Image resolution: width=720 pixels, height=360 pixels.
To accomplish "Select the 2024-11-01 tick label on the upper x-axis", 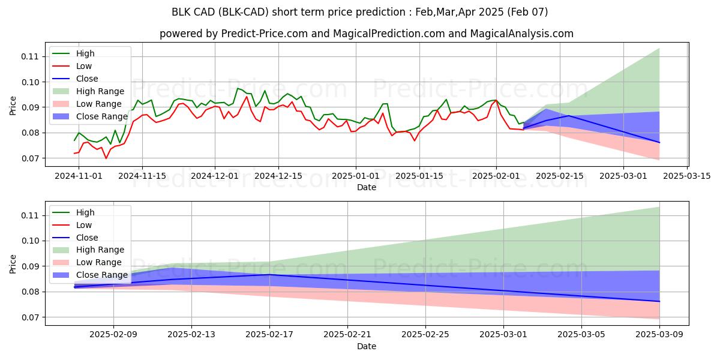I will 79,176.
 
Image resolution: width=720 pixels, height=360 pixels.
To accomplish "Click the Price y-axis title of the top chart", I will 13,105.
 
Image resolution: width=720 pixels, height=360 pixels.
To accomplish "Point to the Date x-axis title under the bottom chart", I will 367,346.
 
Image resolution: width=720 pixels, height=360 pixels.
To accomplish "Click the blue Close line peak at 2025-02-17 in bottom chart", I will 269,274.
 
